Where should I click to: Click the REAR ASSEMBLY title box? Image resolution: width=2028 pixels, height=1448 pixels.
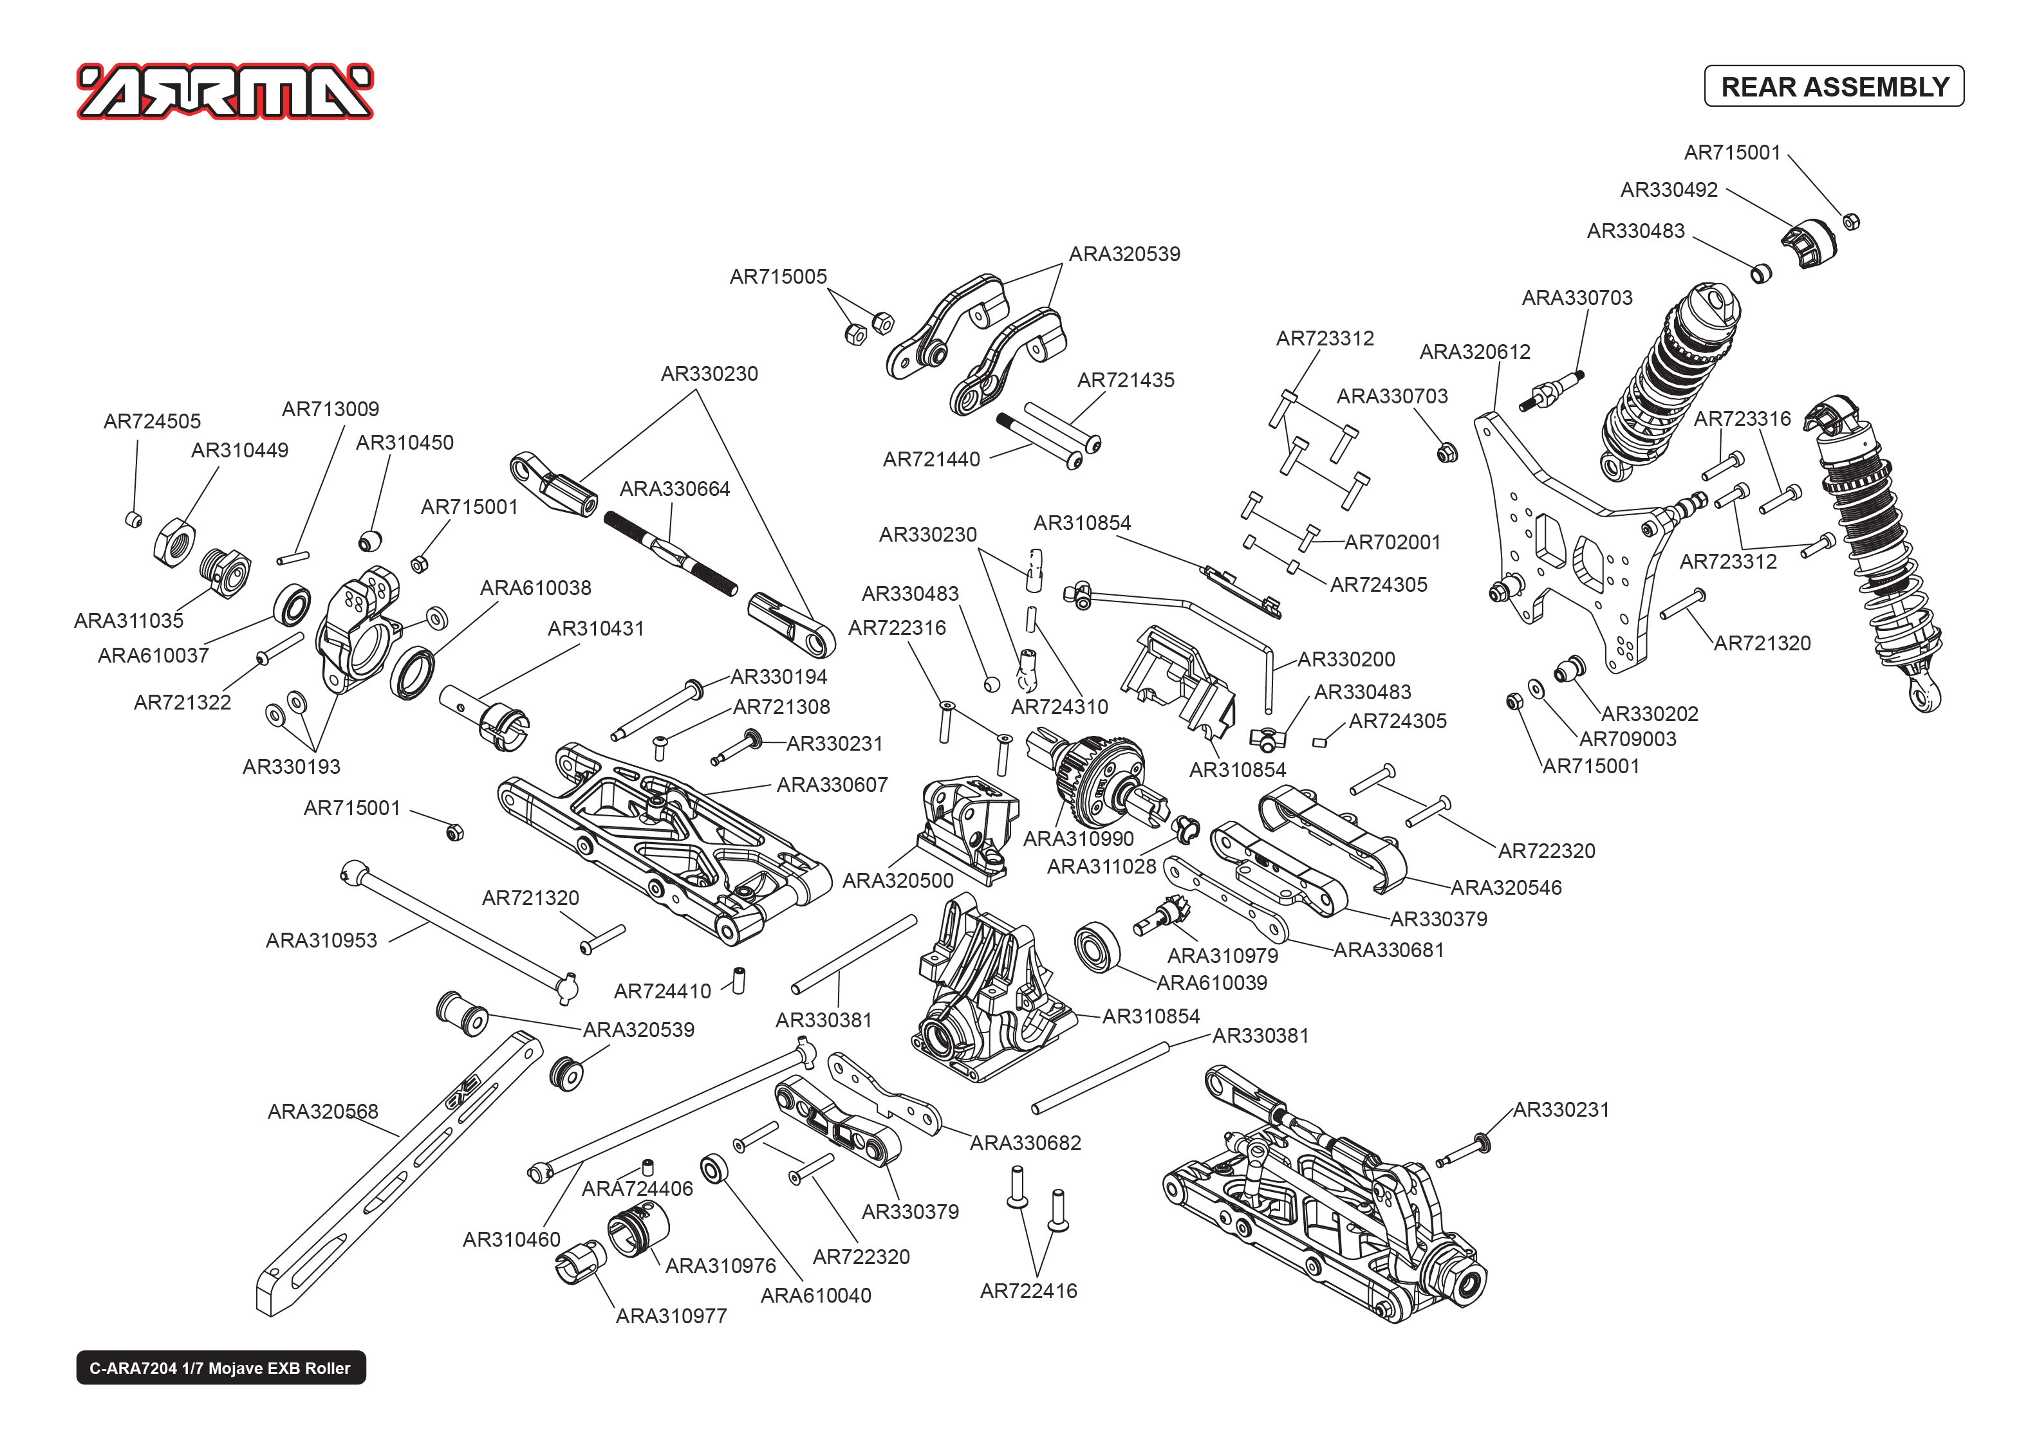[1834, 86]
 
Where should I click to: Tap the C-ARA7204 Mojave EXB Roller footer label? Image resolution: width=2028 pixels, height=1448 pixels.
[220, 1368]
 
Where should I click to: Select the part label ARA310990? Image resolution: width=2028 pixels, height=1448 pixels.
[1078, 839]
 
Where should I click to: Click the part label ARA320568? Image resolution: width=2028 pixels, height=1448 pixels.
[323, 1112]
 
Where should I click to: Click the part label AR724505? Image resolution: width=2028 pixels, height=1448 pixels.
[153, 421]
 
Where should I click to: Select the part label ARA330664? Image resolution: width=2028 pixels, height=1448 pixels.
[674, 489]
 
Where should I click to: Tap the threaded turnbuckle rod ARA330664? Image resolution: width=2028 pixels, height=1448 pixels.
[671, 553]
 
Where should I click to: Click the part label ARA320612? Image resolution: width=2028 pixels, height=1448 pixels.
[1474, 353]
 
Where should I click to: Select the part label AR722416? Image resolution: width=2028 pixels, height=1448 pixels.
[1028, 1291]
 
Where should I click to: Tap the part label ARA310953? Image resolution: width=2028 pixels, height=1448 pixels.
[321, 940]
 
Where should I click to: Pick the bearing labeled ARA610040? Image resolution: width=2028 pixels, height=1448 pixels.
[714, 1169]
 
